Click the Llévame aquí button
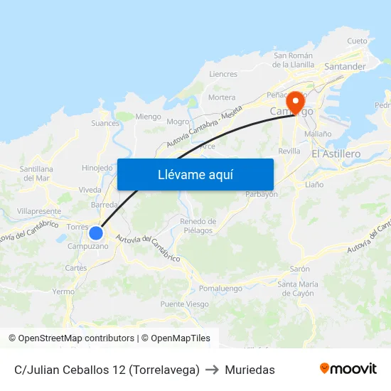pos(195,174)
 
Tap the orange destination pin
pos(296,102)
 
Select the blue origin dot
pos(96,232)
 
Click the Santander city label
pos(345,67)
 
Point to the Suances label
pos(105,123)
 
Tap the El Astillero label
pos(336,154)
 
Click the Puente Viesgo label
pos(185,304)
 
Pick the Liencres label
pos(223,74)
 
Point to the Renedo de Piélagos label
pos(198,225)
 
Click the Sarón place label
pos(299,269)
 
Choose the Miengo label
pos(148,117)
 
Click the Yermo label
pos(63,291)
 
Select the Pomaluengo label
pos(220,289)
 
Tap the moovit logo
pos(348,369)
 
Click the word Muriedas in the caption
pos(250,370)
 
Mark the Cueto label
pos(358,41)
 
